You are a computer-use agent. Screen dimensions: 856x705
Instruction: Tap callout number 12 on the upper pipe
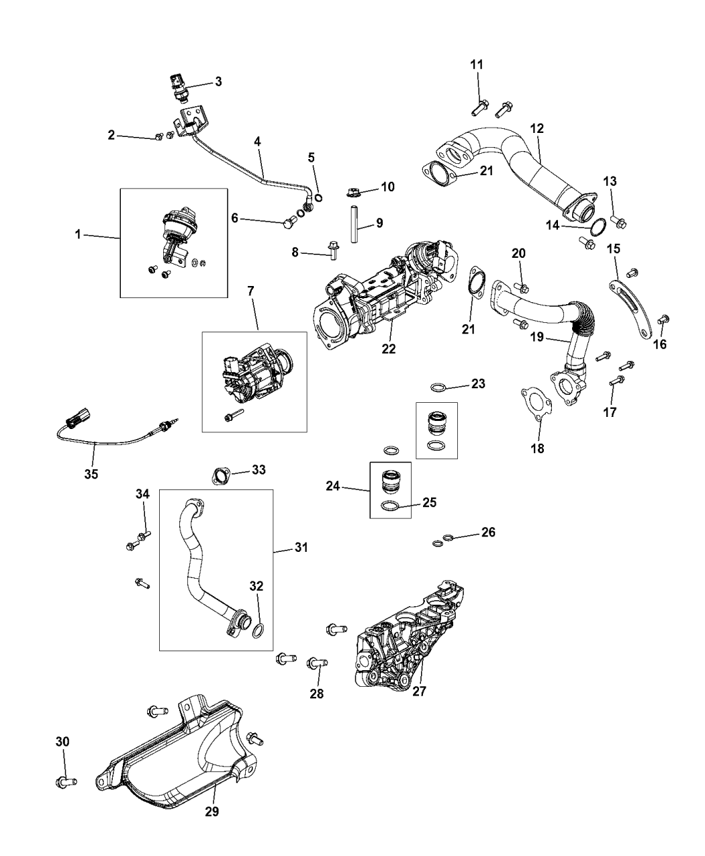click(x=537, y=127)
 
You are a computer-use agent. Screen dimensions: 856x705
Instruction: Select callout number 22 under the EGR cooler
click(x=389, y=349)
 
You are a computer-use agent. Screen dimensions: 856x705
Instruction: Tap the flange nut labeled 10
click(x=356, y=192)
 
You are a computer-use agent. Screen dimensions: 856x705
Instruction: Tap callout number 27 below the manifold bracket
click(x=419, y=691)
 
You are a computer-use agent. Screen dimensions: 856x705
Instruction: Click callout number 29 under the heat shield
click(x=212, y=811)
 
